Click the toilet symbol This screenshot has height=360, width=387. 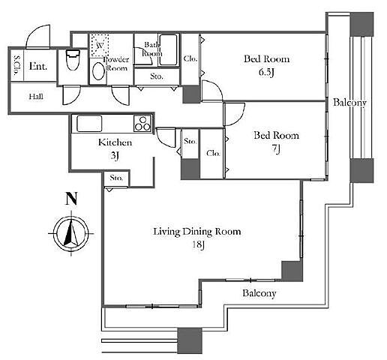[73, 60]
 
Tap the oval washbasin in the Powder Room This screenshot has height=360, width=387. [98, 71]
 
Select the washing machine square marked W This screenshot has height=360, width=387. [100, 45]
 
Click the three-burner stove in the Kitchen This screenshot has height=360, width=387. [142, 124]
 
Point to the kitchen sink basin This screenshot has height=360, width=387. [89, 123]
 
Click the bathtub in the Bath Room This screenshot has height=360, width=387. [168, 50]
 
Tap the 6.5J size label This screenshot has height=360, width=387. [267, 72]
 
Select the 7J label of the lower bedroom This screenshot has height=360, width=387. [276, 149]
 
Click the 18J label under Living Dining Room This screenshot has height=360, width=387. [199, 244]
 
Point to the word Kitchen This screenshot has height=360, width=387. [115, 142]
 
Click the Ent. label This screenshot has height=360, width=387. [38, 66]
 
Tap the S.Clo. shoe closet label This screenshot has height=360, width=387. [17, 65]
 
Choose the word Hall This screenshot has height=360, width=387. [36, 97]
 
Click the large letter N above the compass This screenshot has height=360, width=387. [71, 199]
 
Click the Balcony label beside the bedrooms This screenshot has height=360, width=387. [349, 103]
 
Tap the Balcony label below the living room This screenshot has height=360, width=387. [259, 293]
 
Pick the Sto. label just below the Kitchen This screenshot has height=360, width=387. [116, 178]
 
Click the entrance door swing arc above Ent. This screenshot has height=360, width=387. [38, 36]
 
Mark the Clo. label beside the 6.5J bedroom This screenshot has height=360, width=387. [190, 58]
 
